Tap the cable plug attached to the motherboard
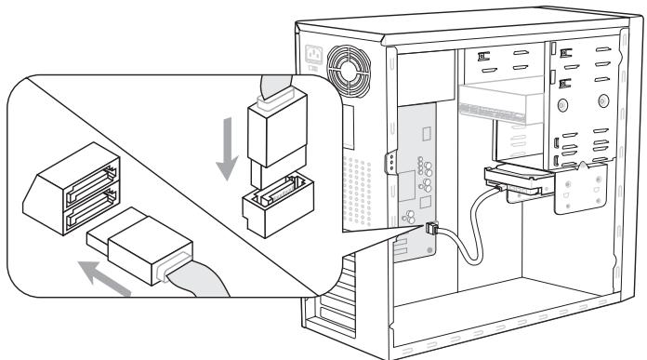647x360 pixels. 431,227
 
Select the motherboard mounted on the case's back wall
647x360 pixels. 413,186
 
